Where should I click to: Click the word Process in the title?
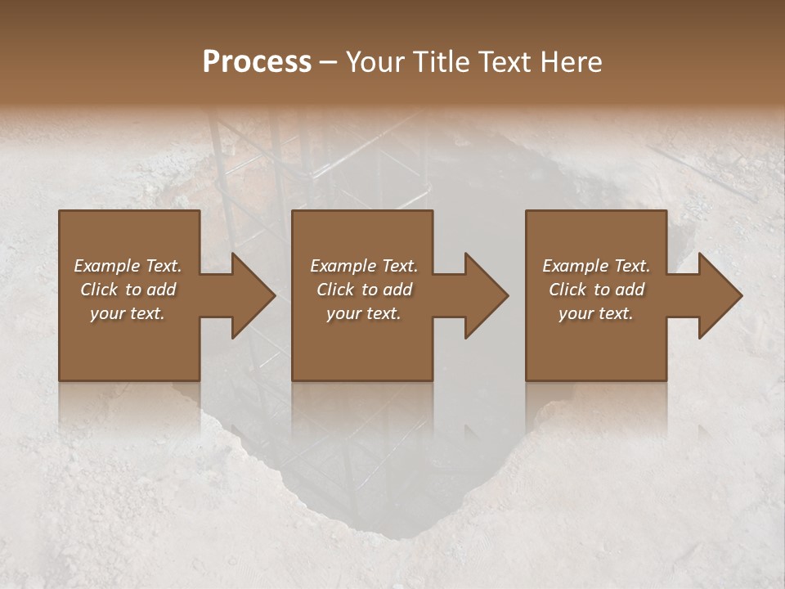[x=257, y=62]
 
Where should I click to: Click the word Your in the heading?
[x=373, y=62]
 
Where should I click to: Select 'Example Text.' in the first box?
[x=128, y=266]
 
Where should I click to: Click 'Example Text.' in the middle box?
[x=364, y=266]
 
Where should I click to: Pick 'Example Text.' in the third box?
[x=596, y=266]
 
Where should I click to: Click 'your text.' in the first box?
[x=128, y=313]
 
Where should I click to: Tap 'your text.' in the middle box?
[x=364, y=313]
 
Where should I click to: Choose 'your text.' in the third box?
[x=596, y=313]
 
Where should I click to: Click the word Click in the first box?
[x=98, y=290]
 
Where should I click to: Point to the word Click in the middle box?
[x=334, y=290]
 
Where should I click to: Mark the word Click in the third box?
[x=567, y=290]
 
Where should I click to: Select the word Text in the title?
[x=504, y=62]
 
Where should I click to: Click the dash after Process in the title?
[x=329, y=62]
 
